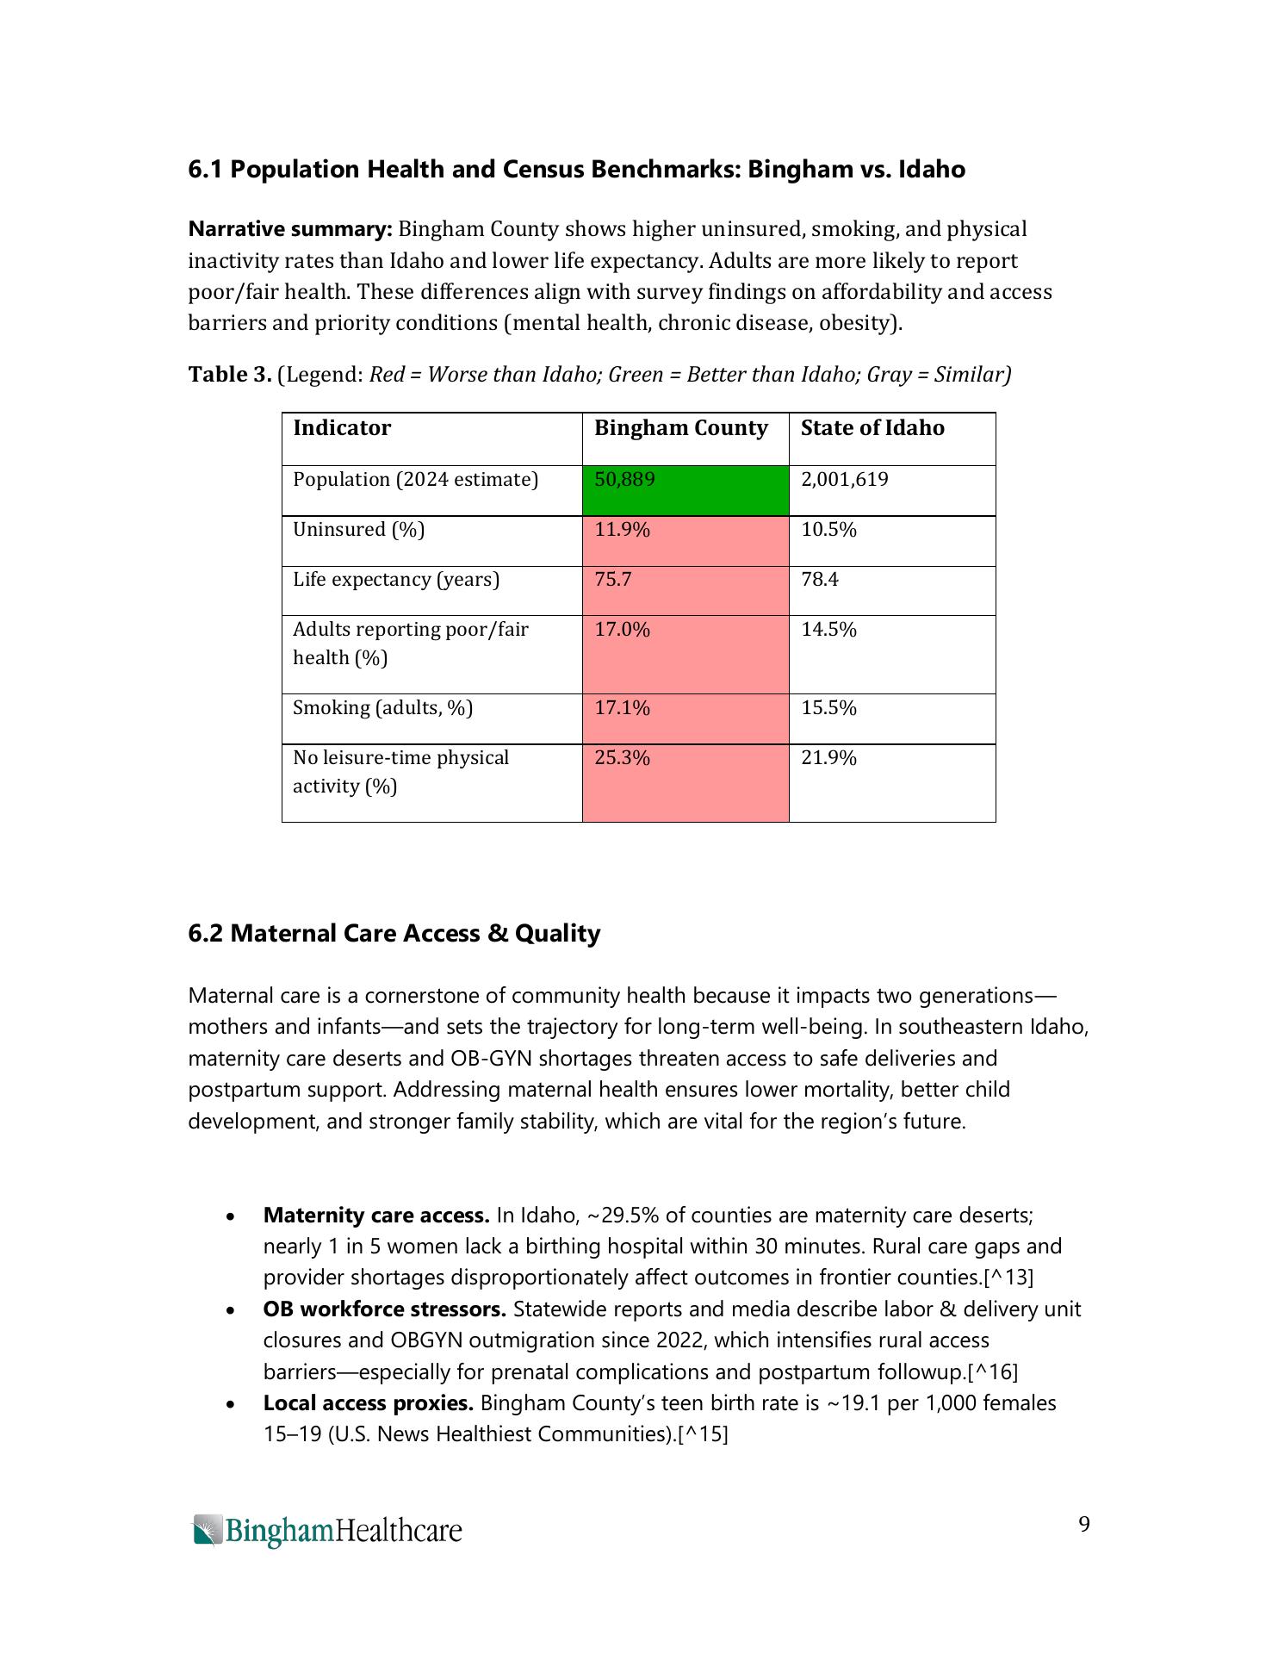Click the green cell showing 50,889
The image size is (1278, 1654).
pos(685,490)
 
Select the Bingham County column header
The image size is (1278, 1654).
pos(680,428)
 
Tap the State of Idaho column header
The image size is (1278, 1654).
pos(872,428)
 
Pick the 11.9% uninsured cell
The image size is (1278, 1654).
pos(685,540)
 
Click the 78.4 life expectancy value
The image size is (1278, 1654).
pos(819,579)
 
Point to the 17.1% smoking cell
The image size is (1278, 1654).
pos(685,718)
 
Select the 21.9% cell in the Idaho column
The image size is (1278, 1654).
pos(828,757)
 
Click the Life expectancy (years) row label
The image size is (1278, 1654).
pos(396,579)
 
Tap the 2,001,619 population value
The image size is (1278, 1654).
pos(844,479)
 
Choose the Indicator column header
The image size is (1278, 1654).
pos(341,428)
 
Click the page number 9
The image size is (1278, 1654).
pos(1083,1525)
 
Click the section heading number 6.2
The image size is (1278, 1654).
pos(206,933)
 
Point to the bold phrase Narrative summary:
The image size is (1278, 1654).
pos(290,229)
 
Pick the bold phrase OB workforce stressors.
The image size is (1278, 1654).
pos(384,1309)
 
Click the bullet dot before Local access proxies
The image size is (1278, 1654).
pos(230,1405)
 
